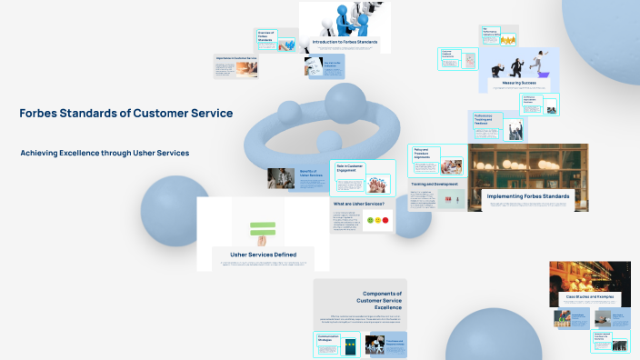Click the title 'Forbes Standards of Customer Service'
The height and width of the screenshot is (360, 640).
(x=125, y=114)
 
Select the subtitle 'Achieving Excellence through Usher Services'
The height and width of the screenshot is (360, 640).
(x=105, y=153)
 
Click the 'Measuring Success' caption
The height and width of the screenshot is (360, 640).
(x=517, y=82)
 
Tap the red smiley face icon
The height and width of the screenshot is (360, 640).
(x=385, y=220)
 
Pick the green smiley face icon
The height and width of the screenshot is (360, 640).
(x=368, y=220)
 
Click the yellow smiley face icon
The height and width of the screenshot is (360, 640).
(x=376, y=220)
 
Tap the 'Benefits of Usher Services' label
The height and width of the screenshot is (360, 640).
(x=308, y=174)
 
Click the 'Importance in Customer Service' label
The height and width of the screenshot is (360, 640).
(x=236, y=57)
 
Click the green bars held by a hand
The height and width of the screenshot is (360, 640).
(x=263, y=227)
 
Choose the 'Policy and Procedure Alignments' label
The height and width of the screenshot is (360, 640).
(x=425, y=153)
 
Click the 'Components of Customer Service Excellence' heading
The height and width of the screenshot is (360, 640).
(x=382, y=301)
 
